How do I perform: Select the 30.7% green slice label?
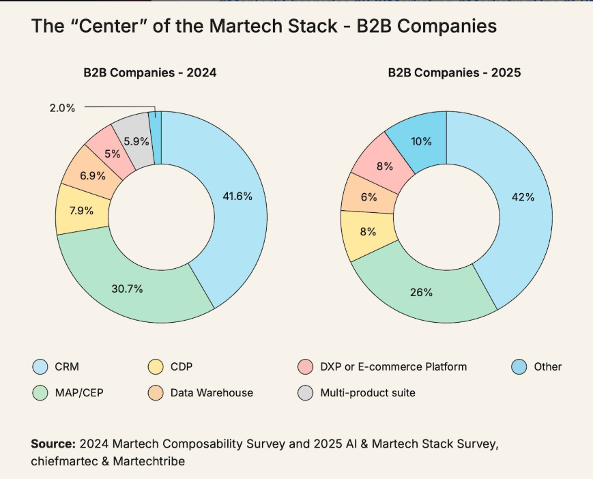pos(128,289)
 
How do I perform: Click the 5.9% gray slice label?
pos(136,142)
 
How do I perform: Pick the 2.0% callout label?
pos(62,107)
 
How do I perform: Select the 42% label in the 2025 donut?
pos(523,197)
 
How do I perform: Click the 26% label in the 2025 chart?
pos(421,292)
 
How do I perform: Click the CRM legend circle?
pos(40,367)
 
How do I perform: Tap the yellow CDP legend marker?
pos(156,367)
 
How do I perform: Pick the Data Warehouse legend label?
pos(212,392)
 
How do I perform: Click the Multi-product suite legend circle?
pos(306,392)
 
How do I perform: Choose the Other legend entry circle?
pos(519,367)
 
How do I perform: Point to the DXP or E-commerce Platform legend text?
pos(393,367)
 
